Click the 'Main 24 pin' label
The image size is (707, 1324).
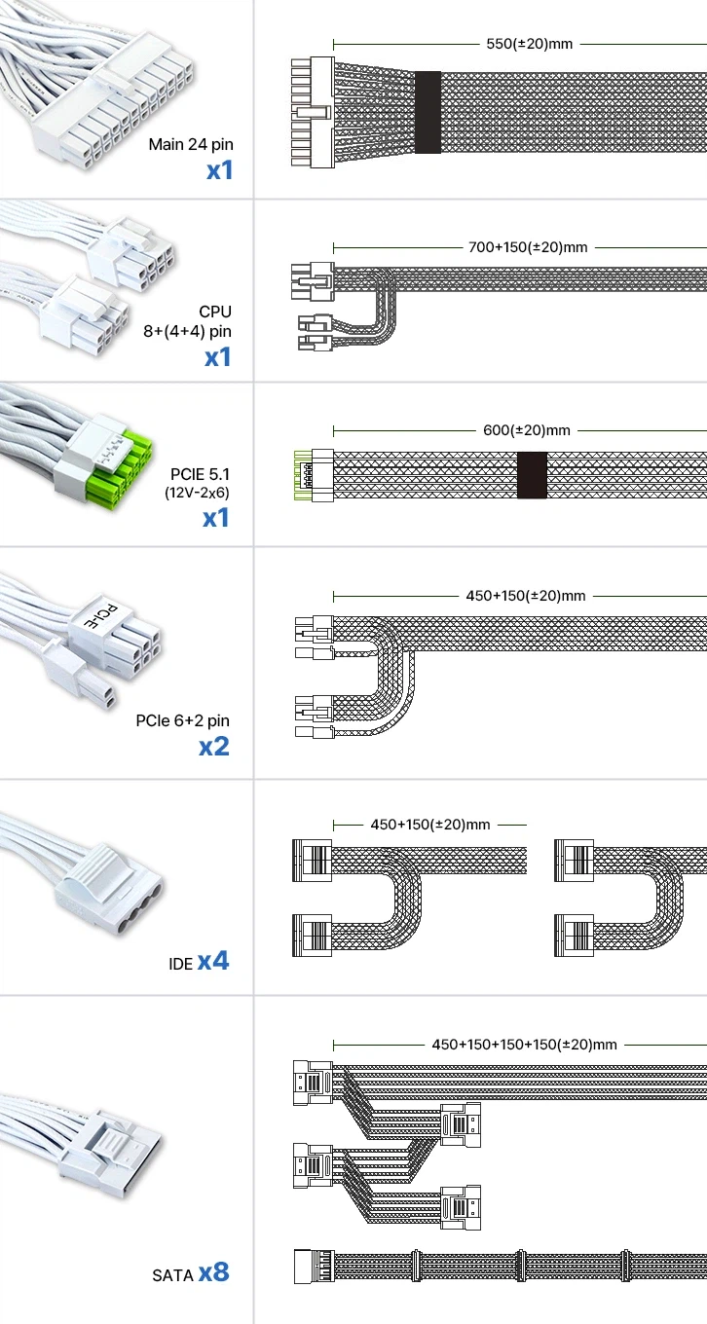[x=191, y=145]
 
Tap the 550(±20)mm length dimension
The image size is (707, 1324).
[x=529, y=44]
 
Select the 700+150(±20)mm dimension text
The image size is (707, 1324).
[x=528, y=247]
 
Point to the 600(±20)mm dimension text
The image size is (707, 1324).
[x=527, y=430]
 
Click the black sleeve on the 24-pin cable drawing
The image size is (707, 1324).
[x=428, y=112]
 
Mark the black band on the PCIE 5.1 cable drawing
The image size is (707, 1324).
[x=532, y=475]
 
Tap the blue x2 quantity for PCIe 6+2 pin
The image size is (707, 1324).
[x=214, y=747]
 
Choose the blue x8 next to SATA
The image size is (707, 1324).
[x=214, y=1271]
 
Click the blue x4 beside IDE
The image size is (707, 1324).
[x=213, y=961]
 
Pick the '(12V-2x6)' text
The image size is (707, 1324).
[x=198, y=492]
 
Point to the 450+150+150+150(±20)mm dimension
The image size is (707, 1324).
[x=524, y=1045]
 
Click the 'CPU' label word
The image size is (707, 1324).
[x=215, y=312]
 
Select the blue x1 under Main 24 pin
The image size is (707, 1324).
[x=219, y=170]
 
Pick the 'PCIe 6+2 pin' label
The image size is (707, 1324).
[x=183, y=721]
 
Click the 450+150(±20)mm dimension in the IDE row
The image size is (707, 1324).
[x=429, y=825]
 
